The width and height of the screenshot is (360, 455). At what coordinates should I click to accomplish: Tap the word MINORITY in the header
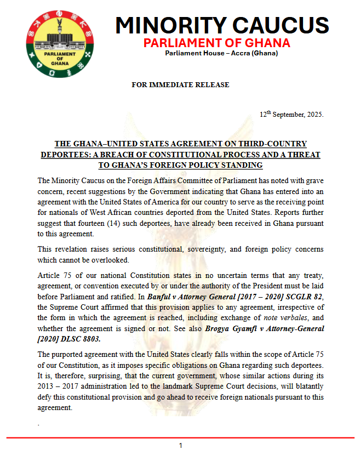pyautogui.click(x=169, y=25)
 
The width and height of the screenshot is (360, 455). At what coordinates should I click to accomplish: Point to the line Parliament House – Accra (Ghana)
pyautogui.click(x=221, y=53)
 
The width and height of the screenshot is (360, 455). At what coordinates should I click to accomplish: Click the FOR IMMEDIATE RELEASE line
pyautogui.click(x=180, y=85)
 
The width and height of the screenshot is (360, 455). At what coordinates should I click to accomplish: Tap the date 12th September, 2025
pyautogui.click(x=292, y=115)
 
